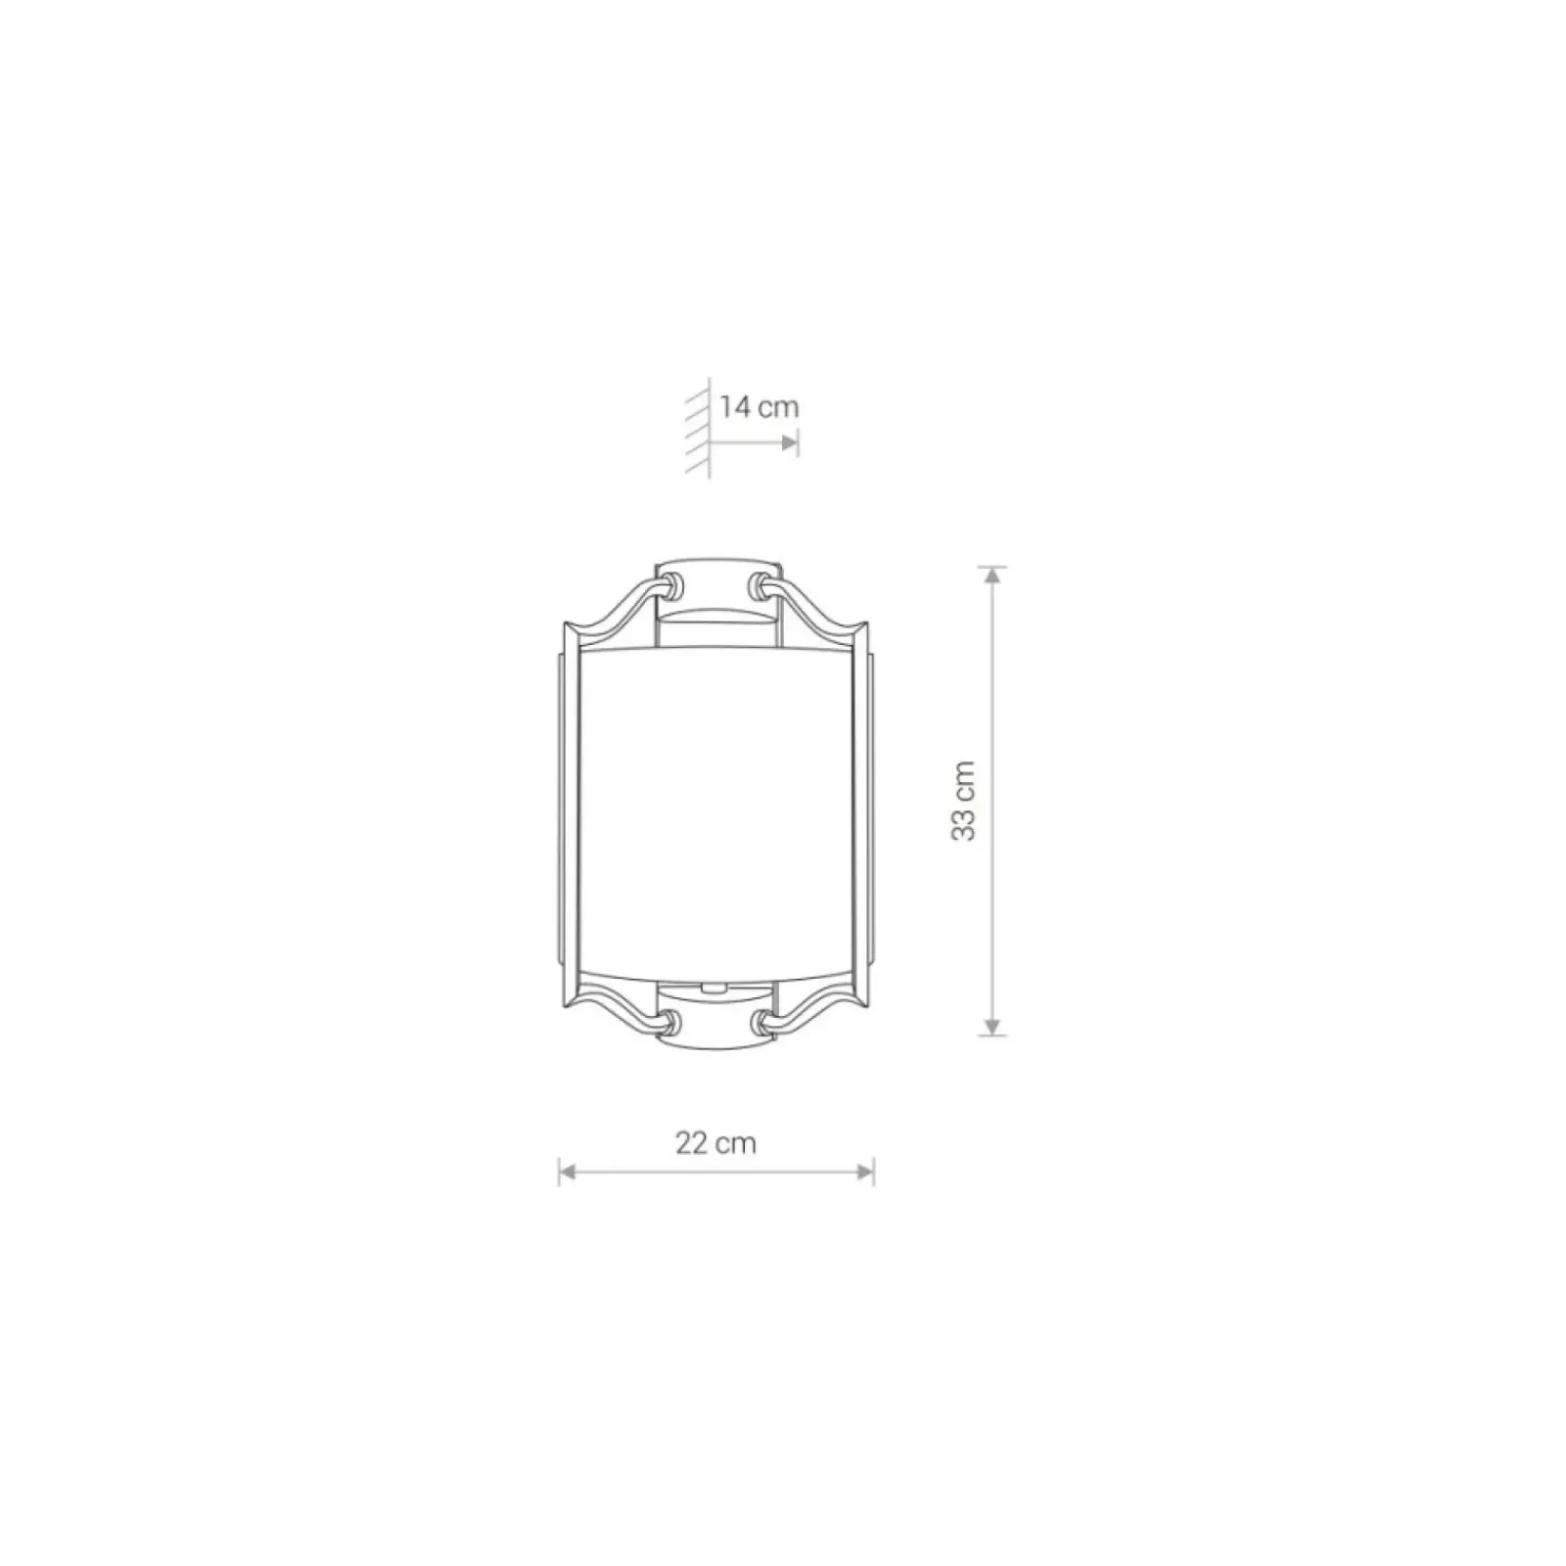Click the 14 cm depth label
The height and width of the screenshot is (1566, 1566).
(760, 406)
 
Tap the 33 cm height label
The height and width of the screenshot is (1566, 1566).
(964, 800)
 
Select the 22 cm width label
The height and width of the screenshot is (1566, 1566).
(715, 1142)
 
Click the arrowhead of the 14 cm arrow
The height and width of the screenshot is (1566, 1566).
(789, 443)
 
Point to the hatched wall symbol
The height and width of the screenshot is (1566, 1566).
(699, 427)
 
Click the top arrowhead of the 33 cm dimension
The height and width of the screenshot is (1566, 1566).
(993, 576)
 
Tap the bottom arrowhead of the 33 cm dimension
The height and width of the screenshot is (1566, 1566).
(993, 1026)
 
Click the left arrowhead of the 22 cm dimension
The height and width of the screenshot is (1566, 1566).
(568, 1171)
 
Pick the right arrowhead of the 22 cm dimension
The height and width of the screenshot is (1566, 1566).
(864, 1171)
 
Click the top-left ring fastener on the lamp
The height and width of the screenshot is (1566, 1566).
(671, 586)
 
